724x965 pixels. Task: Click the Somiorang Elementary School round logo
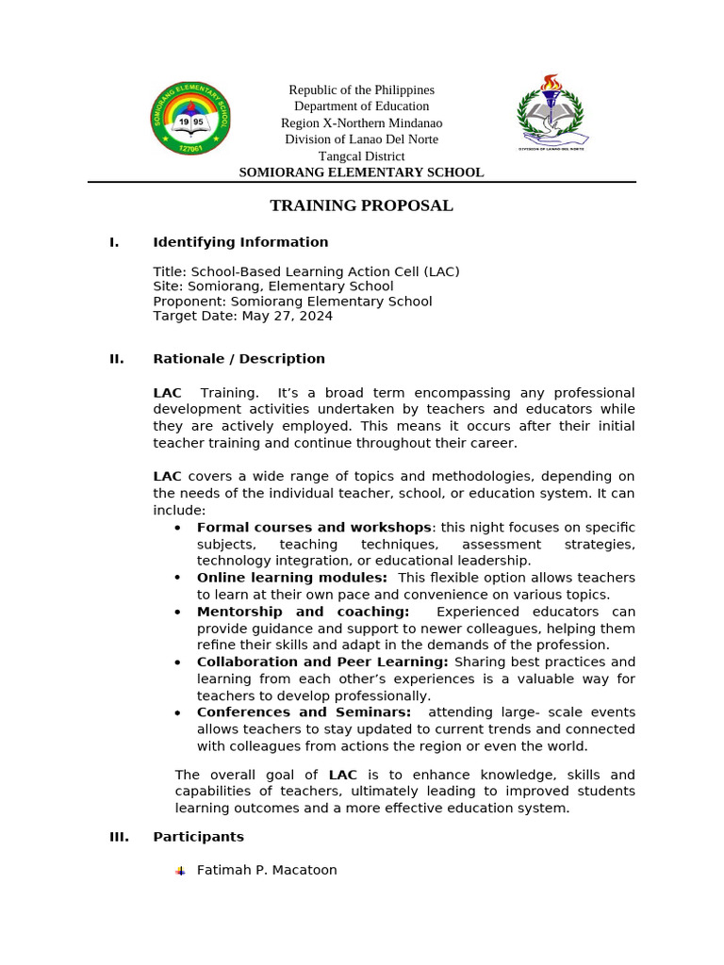pos(191,119)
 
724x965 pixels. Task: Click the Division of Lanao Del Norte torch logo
pos(551,113)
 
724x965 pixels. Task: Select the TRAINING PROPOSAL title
pos(361,205)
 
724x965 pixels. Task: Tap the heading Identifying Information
pos(240,242)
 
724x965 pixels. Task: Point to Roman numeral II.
pos(117,359)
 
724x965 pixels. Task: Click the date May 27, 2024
pos(287,317)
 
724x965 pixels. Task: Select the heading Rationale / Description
pos(239,359)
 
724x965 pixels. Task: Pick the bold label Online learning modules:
pos(291,578)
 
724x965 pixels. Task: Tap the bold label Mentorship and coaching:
pos(303,612)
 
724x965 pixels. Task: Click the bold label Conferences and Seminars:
pos(304,712)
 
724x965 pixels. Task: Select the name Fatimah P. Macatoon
pos(267,871)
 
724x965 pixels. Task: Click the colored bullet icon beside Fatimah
pos(180,872)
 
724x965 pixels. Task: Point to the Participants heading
pos(198,837)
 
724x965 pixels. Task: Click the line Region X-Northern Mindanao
pos(361,123)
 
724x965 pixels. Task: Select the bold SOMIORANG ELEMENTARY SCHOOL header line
pos(361,172)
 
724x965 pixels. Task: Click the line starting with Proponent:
pos(292,302)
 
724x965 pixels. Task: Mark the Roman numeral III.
pos(119,837)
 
